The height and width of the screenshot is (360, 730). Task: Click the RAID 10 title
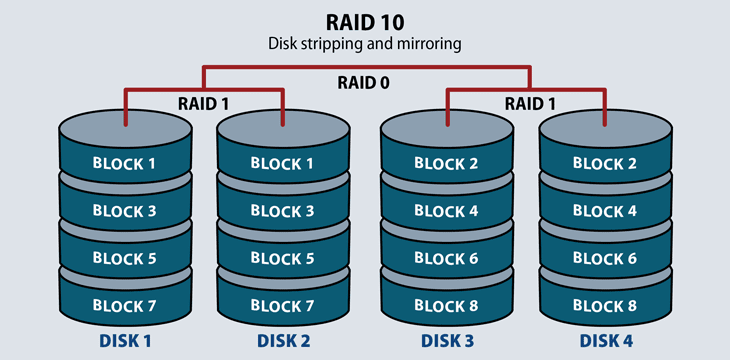click(x=365, y=21)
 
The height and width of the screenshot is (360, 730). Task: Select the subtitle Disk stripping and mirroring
click(x=365, y=44)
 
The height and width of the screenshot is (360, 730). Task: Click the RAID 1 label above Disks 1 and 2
click(x=204, y=102)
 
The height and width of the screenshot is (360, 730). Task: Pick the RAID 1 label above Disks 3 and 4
click(x=526, y=102)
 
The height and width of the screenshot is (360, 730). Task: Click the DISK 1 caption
click(x=124, y=341)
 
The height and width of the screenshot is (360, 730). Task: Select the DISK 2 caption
click(x=283, y=341)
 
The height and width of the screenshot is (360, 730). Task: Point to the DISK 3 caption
click(x=446, y=341)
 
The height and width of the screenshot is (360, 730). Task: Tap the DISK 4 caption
click(x=606, y=341)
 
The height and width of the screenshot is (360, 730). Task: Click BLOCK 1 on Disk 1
click(x=124, y=163)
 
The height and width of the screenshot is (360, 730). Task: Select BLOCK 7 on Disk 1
click(x=124, y=306)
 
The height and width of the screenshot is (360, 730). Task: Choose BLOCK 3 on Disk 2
click(x=283, y=211)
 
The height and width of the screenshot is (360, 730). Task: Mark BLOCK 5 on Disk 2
click(x=283, y=258)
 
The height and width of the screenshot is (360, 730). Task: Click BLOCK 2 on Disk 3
click(x=446, y=163)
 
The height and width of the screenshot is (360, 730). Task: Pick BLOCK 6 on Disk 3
click(x=446, y=258)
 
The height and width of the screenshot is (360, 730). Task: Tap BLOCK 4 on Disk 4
click(x=606, y=211)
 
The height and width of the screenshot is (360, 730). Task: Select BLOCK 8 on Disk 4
click(x=606, y=306)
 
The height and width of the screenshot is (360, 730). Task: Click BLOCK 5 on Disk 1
click(x=124, y=258)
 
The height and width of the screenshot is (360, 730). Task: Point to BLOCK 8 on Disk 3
click(x=446, y=306)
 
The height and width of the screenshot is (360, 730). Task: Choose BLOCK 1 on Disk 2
click(x=283, y=163)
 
